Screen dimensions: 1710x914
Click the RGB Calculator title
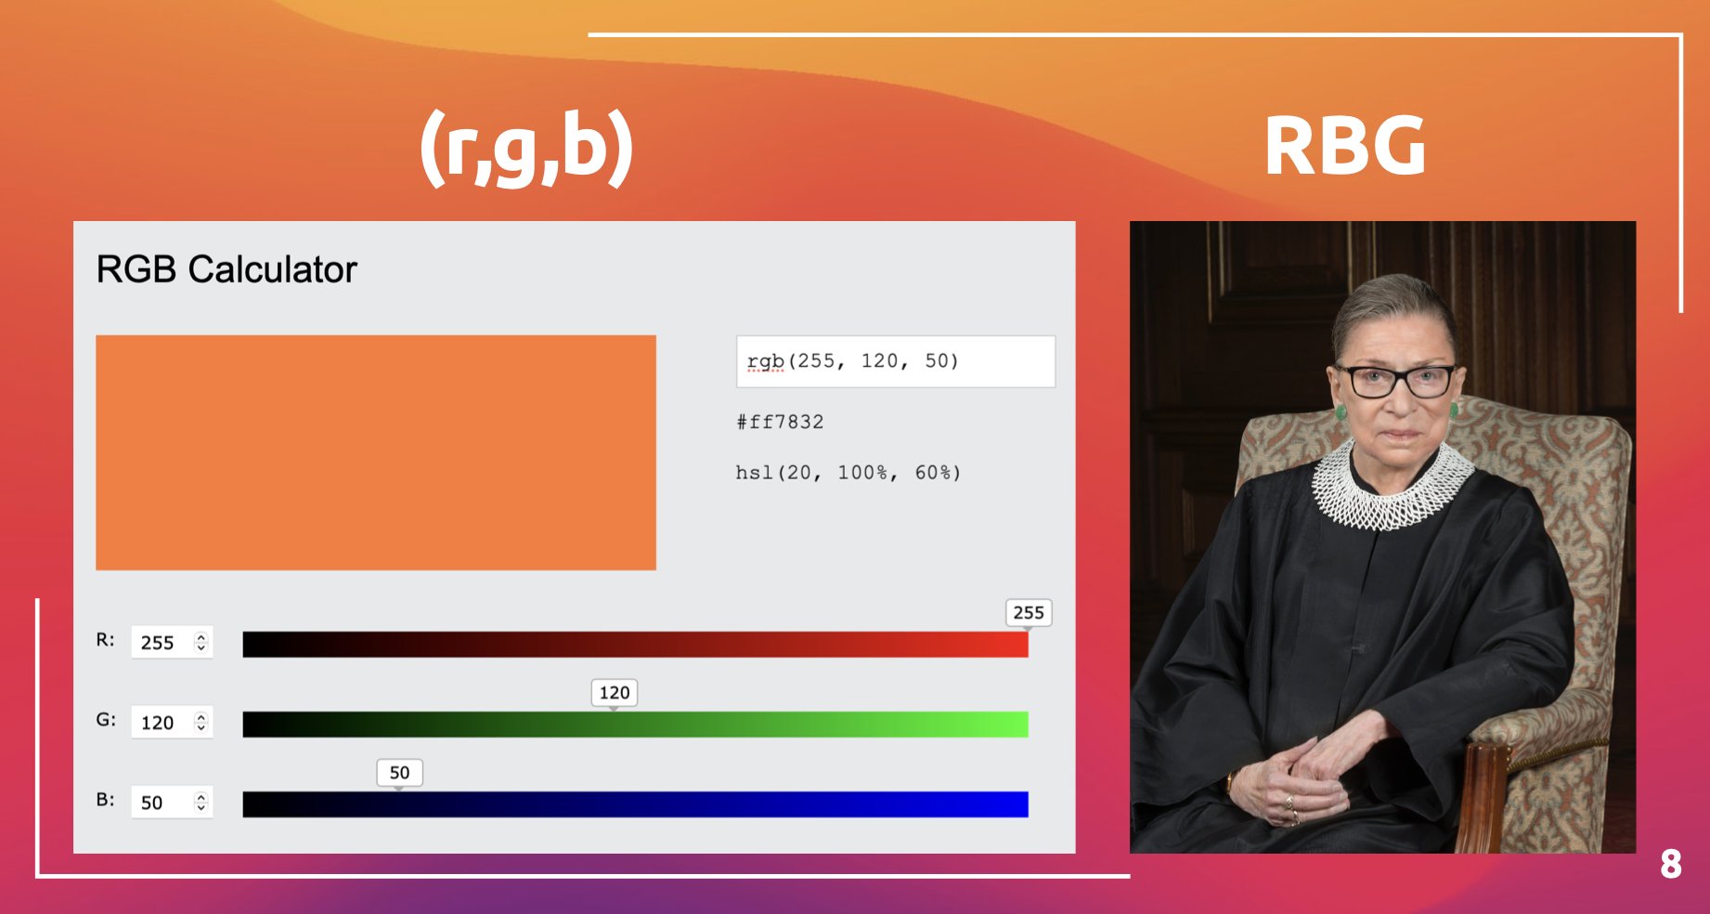(227, 269)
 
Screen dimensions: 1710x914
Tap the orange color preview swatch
(376, 452)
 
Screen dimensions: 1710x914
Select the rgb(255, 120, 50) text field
(896, 361)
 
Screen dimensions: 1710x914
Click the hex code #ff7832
(780, 422)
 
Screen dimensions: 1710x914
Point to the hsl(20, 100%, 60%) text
(848, 473)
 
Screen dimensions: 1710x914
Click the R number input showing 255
(172, 642)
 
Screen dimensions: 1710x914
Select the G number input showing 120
(172, 722)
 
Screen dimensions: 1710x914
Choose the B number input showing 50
(172, 802)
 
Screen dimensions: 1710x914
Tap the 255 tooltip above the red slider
(1029, 612)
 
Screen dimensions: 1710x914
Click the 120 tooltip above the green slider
(615, 692)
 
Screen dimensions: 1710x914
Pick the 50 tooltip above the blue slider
(399, 772)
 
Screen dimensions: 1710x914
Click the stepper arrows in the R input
(201, 642)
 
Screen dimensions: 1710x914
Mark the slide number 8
(1671, 865)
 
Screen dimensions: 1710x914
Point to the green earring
(1341, 410)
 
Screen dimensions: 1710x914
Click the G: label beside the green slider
(106, 720)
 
